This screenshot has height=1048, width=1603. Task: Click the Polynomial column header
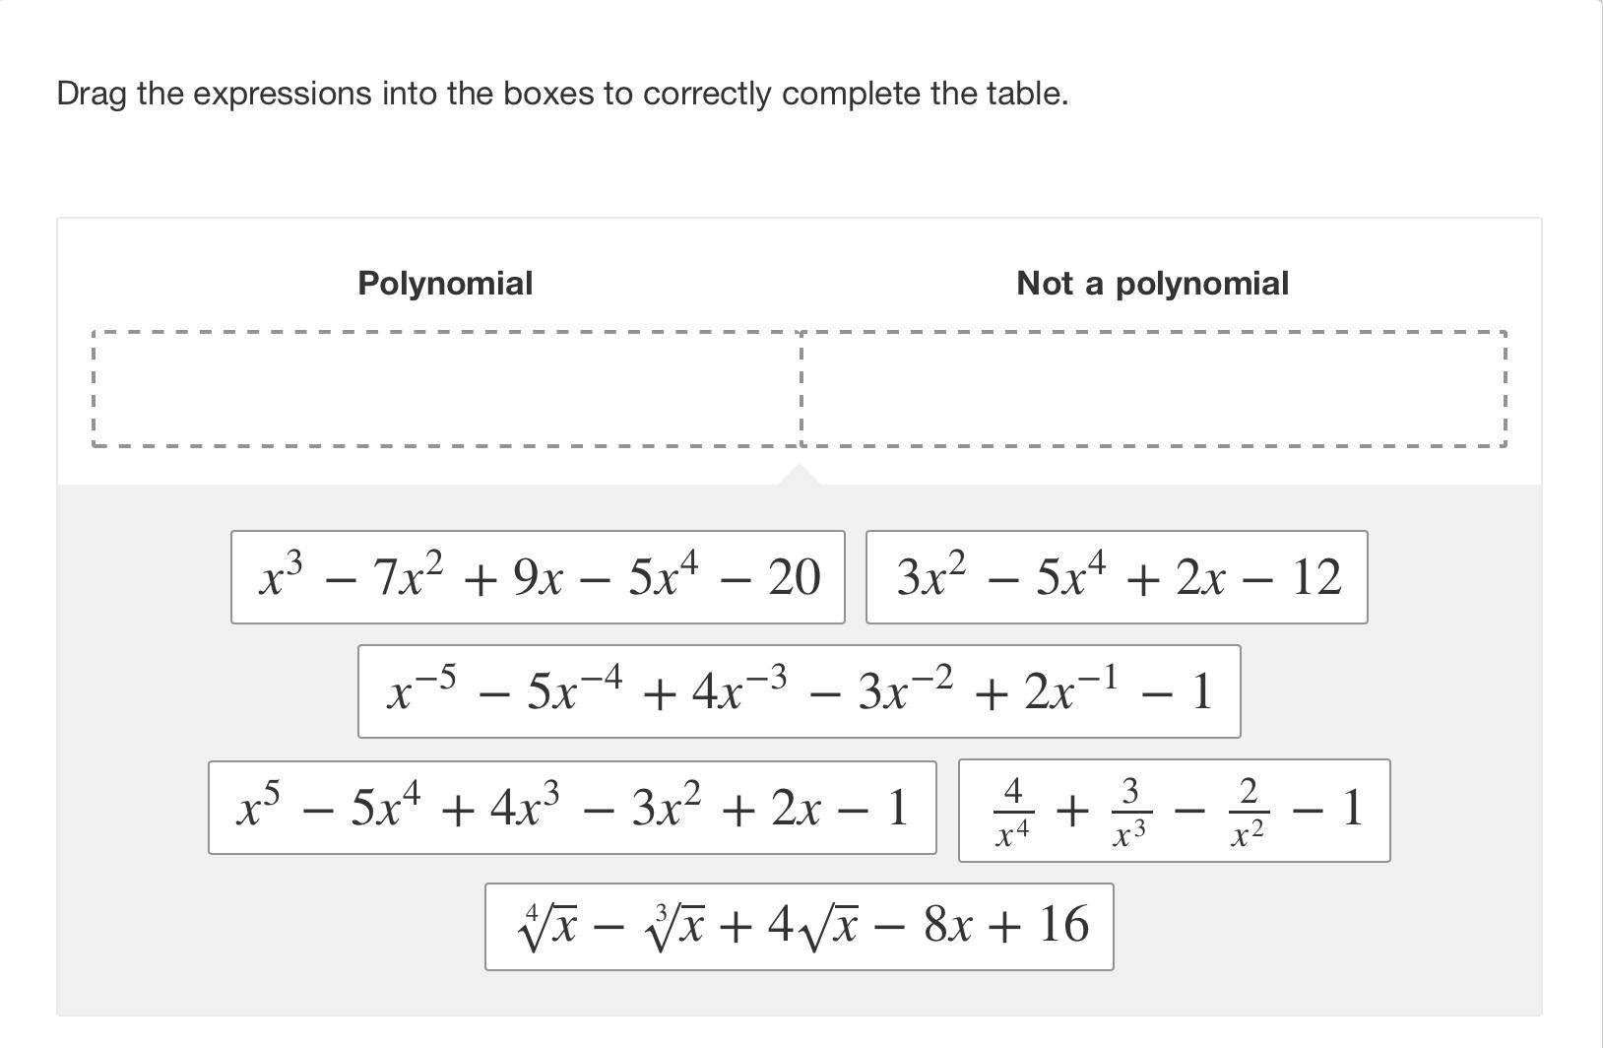tap(445, 284)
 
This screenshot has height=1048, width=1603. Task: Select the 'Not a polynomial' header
tap(1152, 284)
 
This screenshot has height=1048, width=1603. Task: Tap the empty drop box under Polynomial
tap(446, 389)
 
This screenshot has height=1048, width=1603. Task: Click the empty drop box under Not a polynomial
tap(1154, 389)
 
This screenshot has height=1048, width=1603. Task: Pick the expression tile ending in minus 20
tap(538, 577)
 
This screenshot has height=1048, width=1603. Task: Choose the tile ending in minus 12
tap(1117, 577)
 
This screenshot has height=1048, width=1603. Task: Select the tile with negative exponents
tap(799, 691)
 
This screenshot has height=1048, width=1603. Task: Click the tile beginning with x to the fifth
tap(572, 808)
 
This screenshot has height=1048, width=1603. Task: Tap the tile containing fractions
tap(1174, 811)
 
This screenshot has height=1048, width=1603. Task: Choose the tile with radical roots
tap(799, 927)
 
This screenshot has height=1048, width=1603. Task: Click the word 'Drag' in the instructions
tap(92, 95)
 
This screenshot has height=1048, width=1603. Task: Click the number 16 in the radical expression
tap(1062, 925)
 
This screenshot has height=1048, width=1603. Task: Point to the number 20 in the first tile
tap(794, 578)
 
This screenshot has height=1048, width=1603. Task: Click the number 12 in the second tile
tap(1315, 578)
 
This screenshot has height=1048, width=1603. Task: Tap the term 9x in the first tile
tap(538, 578)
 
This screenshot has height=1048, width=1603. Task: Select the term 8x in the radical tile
tap(950, 925)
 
